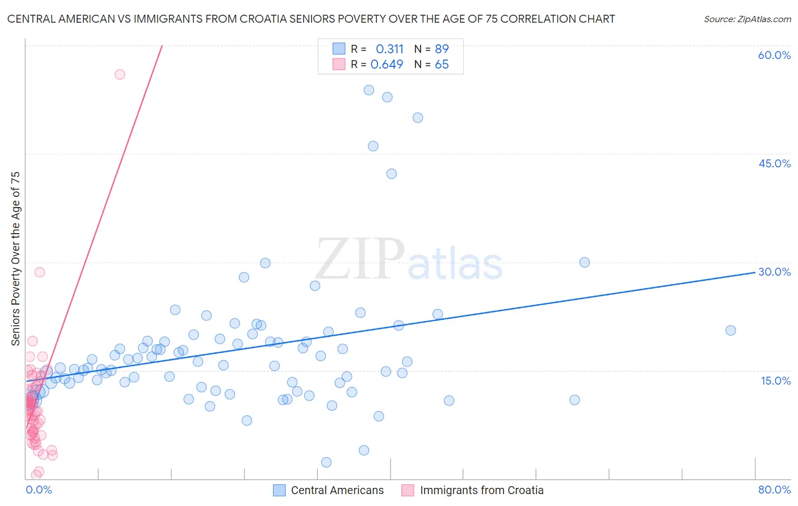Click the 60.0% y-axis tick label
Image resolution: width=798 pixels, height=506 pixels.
pyautogui.click(x=774, y=55)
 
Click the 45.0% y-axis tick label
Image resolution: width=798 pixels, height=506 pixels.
pyautogui.click(x=774, y=163)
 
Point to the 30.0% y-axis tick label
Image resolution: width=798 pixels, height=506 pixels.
pyautogui.click(x=774, y=272)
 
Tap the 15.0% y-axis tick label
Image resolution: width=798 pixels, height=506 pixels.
pyautogui.click(x=775, y=381)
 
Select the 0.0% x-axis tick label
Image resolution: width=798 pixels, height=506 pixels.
pyautogui.click(x=39, y=490)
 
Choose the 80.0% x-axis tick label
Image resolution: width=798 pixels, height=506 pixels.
pyautogui.click(x=774, y=490)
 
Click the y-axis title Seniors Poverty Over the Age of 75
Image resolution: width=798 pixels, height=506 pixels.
pyautogui.click(x=15, y=258)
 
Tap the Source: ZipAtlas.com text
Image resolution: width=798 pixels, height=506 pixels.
pyautogui.click(x=747, y=19)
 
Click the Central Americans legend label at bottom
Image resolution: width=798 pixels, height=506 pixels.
pyautogui.click(x=337, y=490)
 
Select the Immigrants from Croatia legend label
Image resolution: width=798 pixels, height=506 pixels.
pyautogui.click(x=481, y=490)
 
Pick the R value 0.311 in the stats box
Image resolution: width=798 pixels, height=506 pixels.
pyautogui.click(x=389, y=49)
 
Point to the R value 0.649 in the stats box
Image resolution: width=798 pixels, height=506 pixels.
pyautogui.click(x=387, y=64)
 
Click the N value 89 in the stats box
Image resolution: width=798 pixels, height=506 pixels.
pyautogui.click(x=442, y=49)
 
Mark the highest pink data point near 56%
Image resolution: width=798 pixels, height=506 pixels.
pyautogui.click(x=120, y=74)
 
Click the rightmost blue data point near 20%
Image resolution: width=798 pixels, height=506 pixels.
pyautogui.click(x=730, y=330)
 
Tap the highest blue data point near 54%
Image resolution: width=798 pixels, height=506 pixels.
pyautogui.click(x=369, y=90)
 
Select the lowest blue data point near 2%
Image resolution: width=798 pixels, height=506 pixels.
pyautogui.click(x=326, y=462)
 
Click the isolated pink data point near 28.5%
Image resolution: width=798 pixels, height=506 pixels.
pyautogui.click(x=40, y=272)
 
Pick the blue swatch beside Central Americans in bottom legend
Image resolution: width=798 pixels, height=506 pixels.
pyautogui.click(x=279, y=490)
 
